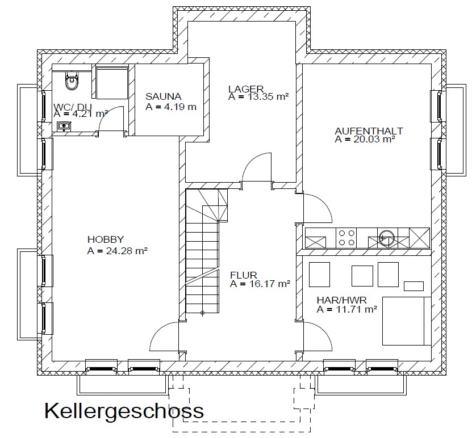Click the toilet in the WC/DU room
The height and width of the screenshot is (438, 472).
click(x=72, y=81)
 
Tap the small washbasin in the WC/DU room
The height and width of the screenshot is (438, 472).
click(x=64, y=127)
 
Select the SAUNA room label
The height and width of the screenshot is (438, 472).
click(x=164, y=96)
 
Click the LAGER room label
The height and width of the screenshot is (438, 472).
click(x=246, y=89)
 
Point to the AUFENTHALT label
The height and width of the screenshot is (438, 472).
click(x=369, y=131)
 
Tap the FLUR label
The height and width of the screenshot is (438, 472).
click(x=244, y=275)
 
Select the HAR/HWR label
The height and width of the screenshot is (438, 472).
click(x=342, y=300)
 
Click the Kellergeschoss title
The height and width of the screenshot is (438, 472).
click(x=124, y=411)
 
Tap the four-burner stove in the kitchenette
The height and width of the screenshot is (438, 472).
click(x=346, y=238)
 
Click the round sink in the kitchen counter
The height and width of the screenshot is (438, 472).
click(x=386, y=238)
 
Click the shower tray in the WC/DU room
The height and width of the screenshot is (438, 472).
click(x=112, y=83)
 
